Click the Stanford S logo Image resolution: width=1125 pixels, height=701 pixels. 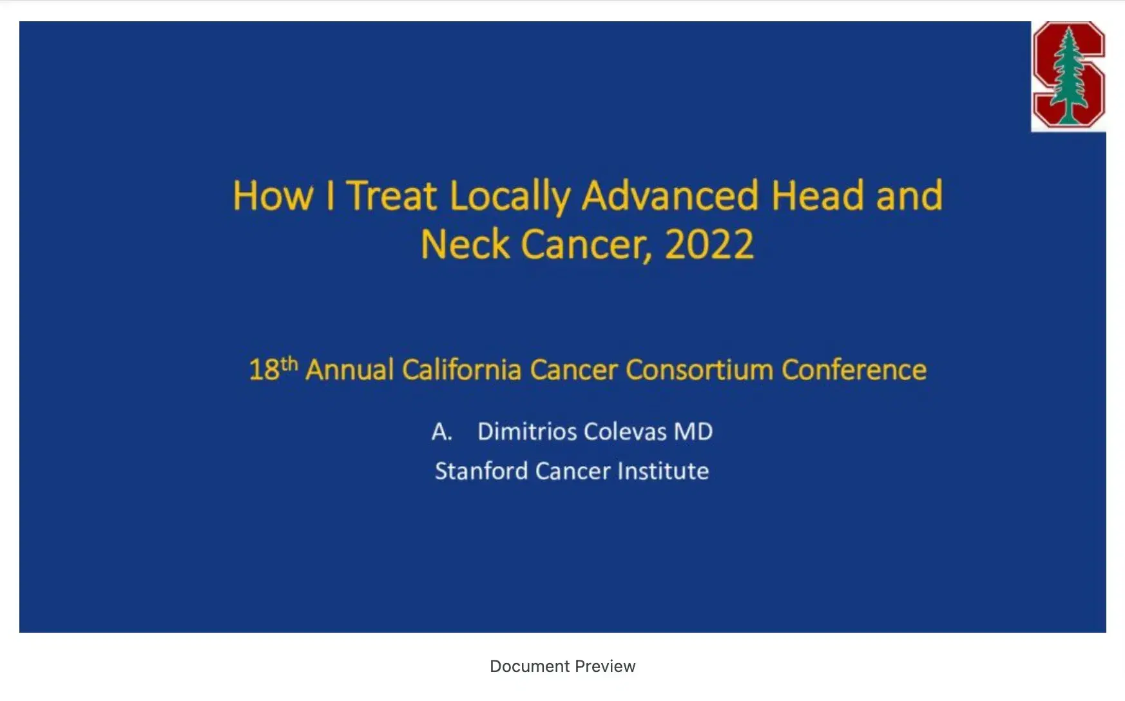1069,75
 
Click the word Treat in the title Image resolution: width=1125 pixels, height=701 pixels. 392,195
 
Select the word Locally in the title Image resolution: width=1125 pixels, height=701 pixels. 510,197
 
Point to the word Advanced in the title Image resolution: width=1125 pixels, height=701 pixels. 670,195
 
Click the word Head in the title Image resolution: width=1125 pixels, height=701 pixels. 817,195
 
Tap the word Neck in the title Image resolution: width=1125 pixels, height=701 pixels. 465,244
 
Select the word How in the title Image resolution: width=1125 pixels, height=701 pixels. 273,195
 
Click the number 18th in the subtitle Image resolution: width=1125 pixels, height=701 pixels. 273,369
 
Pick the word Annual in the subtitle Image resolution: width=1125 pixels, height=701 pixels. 349,370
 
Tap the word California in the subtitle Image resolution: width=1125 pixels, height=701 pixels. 461,370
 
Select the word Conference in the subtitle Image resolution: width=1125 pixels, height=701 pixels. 854,370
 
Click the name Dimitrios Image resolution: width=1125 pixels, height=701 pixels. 527,431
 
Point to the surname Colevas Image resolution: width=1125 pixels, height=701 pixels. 625,431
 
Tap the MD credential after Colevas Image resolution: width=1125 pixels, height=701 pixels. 693,431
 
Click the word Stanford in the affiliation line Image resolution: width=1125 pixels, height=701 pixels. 481,470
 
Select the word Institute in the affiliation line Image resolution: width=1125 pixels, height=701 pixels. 663,470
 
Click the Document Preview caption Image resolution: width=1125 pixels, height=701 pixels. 562,666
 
